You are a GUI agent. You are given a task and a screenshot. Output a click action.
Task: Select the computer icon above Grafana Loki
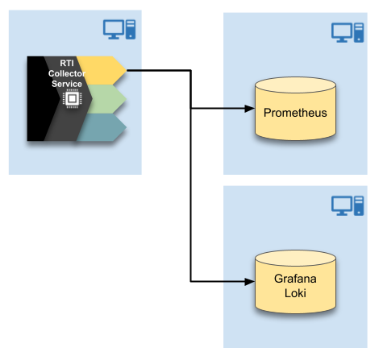(x=348, y=206)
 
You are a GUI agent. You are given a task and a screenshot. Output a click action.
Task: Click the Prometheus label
(x=295, y=113)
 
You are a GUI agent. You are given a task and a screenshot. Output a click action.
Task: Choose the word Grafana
(x=295, y=279)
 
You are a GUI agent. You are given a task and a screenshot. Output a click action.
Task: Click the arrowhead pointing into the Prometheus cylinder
(x=249, y=109)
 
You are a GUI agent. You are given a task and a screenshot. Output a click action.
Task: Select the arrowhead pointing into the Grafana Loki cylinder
(x=249, y=282)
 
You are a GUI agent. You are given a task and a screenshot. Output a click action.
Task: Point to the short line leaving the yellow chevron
(x=135, y=71)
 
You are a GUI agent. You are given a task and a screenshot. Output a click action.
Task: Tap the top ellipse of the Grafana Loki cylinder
(x=295, y=259)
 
